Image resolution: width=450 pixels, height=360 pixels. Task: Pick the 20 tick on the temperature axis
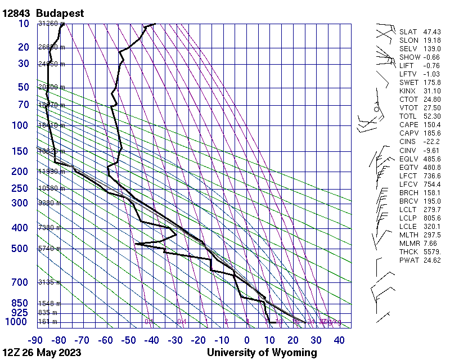pyautogui.click(x=292, y=340)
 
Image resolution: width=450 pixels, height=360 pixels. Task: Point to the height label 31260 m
pyautogui.click(x=49, y=24)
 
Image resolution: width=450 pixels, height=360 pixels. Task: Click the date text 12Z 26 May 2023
pyautogui.click(x=42, y=353)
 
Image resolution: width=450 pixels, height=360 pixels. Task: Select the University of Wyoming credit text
pyautogui.click(x=262, y=353)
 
